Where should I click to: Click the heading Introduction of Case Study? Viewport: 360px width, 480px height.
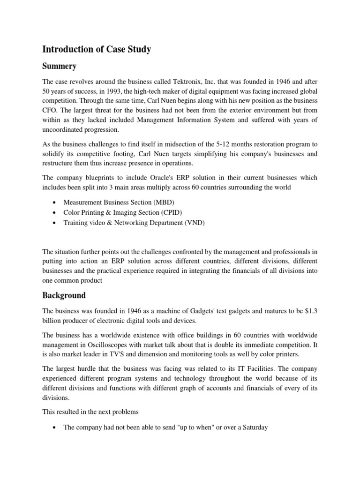click(97, 49)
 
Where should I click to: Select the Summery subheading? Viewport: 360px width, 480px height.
click(59, 66)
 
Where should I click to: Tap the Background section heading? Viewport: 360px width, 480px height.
click(64, 295)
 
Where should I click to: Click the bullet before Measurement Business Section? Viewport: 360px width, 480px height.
click(55, 203)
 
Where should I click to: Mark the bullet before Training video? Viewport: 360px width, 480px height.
click(55, 224)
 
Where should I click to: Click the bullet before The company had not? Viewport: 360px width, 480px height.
click(55, 428)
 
